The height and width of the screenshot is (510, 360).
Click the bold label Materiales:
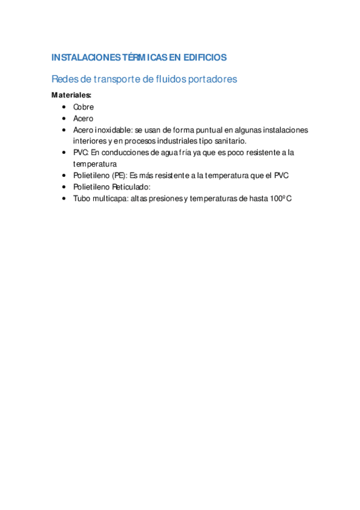(72, 95)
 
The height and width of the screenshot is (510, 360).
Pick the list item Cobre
(84, 107)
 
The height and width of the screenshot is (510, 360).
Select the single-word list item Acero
(84, 118)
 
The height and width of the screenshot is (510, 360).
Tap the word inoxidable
(118, 130)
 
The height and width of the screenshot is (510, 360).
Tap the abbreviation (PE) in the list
(119, 176)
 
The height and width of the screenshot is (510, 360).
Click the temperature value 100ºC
(279, 198)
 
